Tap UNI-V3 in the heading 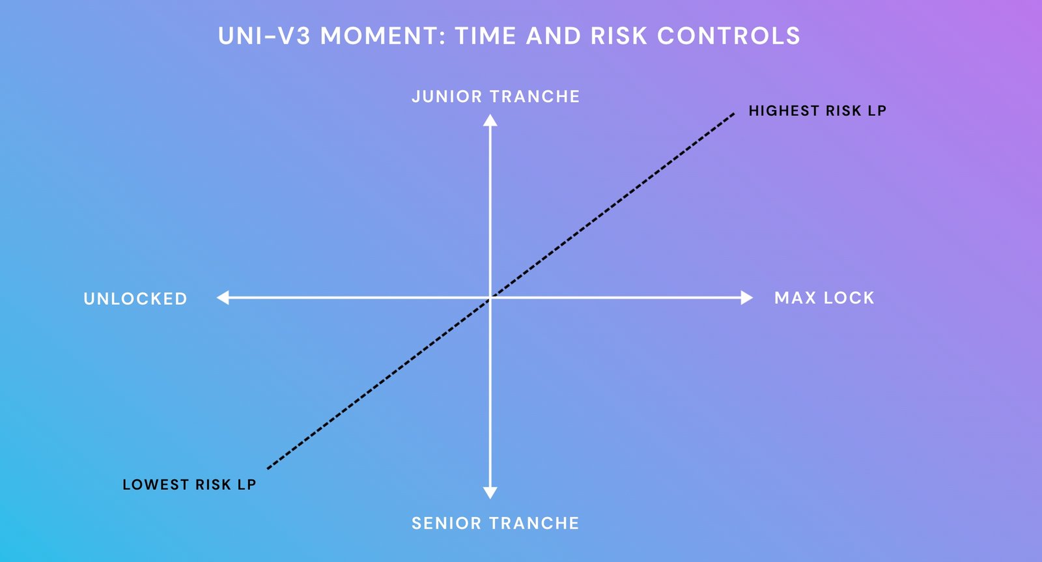point(264,36)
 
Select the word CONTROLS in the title point(729,36)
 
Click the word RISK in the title point(619,36)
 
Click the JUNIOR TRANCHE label point(496,96)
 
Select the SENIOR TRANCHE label point(496,523)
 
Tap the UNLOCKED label point(135,299)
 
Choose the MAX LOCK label point(824,298)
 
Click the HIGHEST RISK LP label point(817,111)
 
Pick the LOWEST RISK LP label point(190,485)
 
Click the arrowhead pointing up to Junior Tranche point(490,120)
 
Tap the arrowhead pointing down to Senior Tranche point(490,493)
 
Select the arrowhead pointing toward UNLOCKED point(223,298)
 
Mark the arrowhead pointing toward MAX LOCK point(746,298)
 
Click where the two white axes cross point(490,298)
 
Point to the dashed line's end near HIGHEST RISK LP point(733,113)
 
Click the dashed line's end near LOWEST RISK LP point(268,468)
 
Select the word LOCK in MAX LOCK point(849,298)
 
